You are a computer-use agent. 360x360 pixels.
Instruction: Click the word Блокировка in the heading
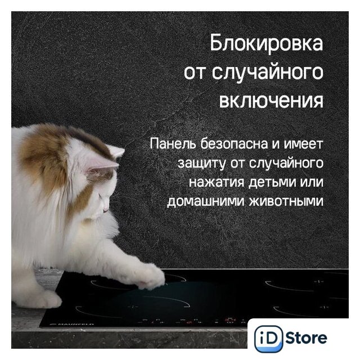click(x=266, y=43)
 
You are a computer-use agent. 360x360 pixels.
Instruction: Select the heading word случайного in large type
click(x=268, y=73)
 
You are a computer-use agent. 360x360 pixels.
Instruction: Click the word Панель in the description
click(x=174, y=143)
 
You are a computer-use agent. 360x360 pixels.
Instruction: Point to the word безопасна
click(x=235, y=143)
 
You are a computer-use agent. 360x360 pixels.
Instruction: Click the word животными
click(x=286, y=201)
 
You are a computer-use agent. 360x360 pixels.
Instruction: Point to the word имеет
click(x=303, y=144)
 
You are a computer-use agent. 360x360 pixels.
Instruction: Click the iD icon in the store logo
click(x=269, y=339)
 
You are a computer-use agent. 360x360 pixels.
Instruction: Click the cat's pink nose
click(x=106, y=210)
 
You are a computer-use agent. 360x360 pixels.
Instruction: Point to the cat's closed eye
click(x=100, y=196)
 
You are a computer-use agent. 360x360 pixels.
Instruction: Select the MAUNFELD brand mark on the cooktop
click(x=72, y=325)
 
